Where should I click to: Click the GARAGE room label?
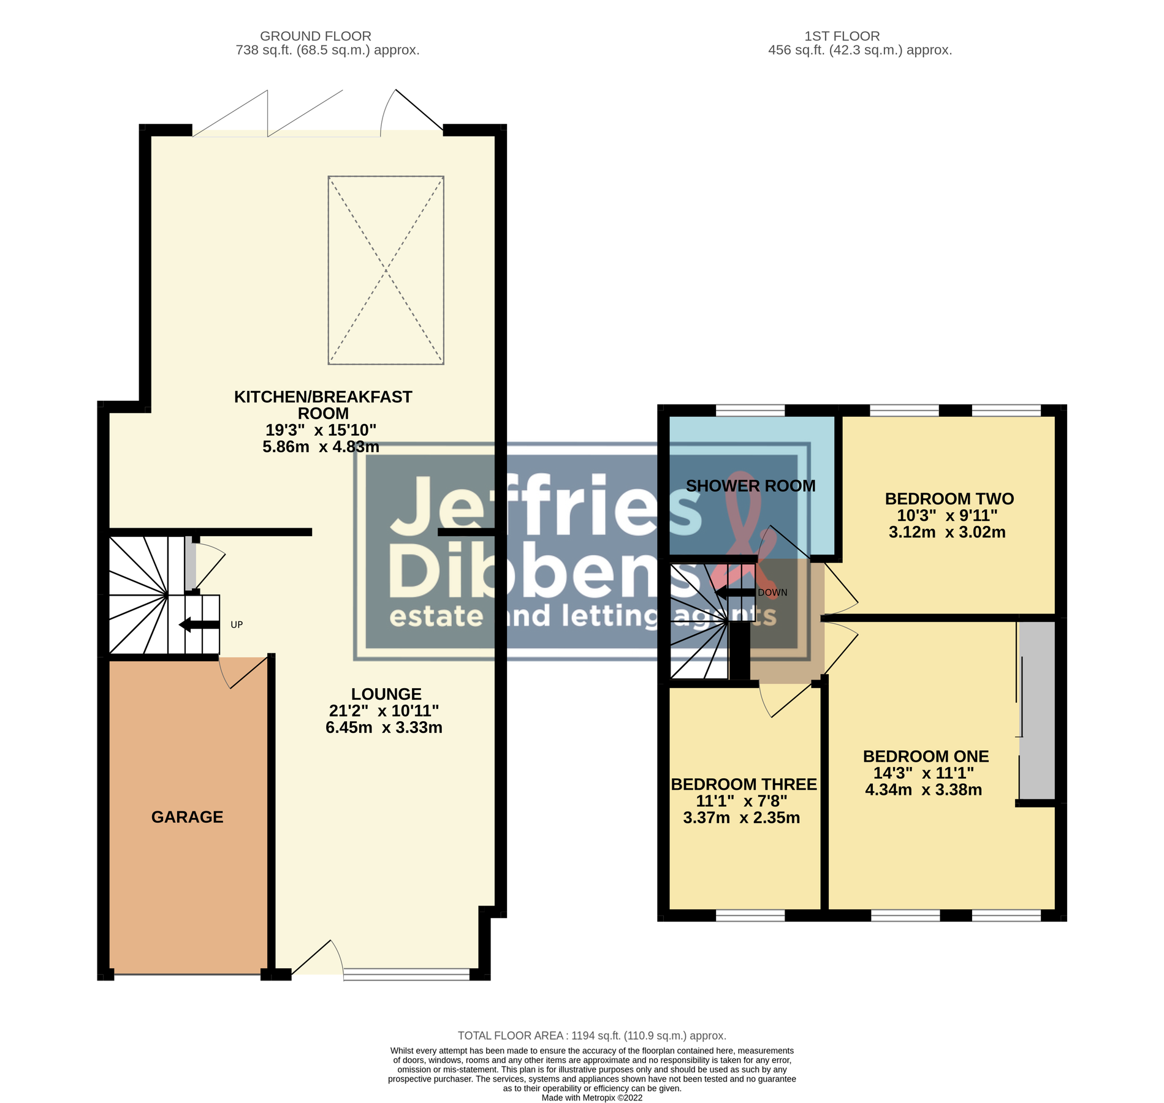(x=187, y=817)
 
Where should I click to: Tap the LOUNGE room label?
(x=386, y=694)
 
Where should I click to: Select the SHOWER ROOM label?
(x=750, y=486)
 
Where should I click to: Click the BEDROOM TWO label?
(x=949, y=499)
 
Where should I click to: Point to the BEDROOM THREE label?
(x=744, y=784)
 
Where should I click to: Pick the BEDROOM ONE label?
(x=926, y=757)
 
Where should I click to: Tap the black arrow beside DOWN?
(x=735, y=593)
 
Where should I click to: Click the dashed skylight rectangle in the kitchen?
(x=386, y=270)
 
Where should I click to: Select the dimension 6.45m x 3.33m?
(x=384, y=727)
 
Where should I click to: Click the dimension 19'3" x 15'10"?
(x=321, y=430)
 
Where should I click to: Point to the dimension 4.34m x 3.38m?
(x=923, y=790)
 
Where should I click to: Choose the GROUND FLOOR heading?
(x=315, y=36)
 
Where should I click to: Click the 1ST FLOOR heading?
(x=842, y=36)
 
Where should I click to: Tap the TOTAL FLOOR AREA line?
(x=592, y=1036)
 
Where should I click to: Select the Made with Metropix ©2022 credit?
(x=592, y=1098)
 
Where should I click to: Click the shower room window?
(x=750, y=410)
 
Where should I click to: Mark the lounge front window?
(x=406, y=974)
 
